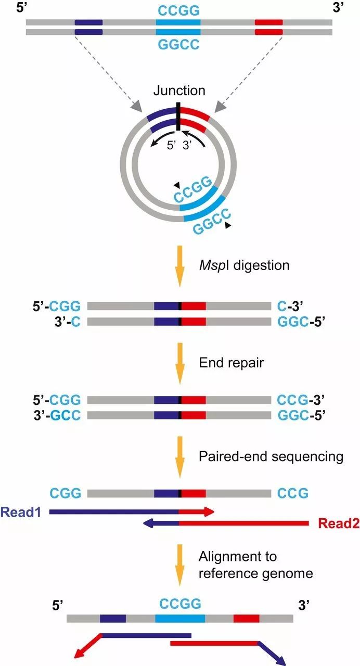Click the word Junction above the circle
[179, 91]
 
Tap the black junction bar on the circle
[178, 117]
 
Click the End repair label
[232, 363]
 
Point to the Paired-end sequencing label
[271, 456]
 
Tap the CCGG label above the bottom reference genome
[179, 604]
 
